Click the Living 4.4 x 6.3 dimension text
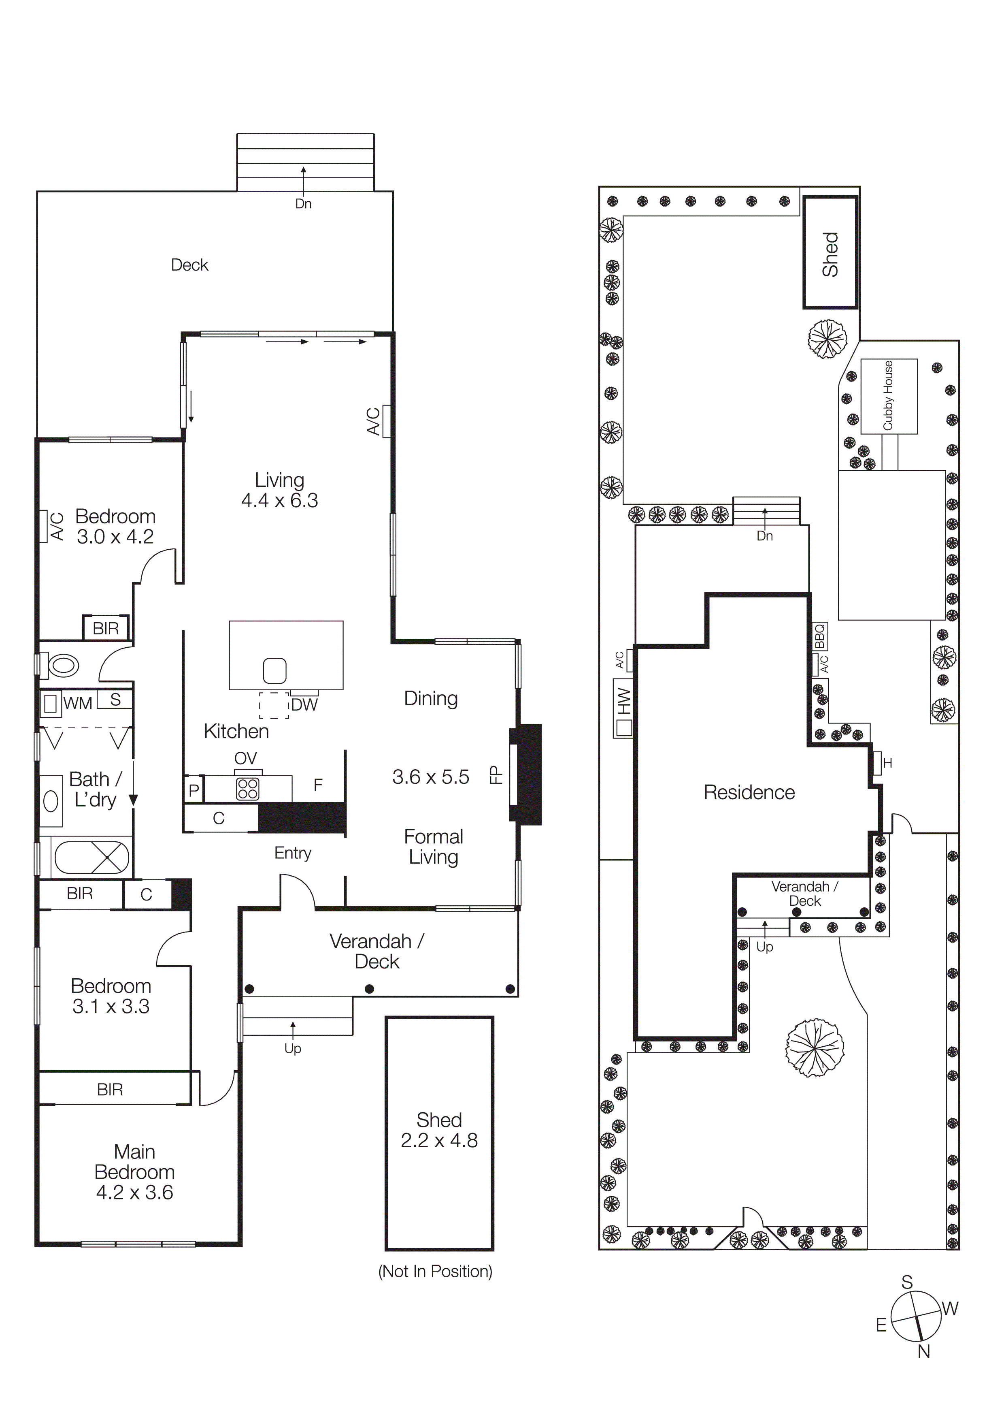(280, 500)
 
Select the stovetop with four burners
(247, 789)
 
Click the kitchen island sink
(274, 670)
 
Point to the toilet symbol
(62, 666)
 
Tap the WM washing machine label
(77, 703)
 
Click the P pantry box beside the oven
(194, 790)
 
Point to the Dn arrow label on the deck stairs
(303, 204)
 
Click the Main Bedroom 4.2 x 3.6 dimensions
(134, 1192)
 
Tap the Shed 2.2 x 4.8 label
(439, 1130)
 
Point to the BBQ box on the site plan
(820, 636)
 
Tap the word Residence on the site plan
(749, 792)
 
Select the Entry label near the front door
(293, 853)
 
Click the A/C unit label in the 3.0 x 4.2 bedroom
(56, 526)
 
